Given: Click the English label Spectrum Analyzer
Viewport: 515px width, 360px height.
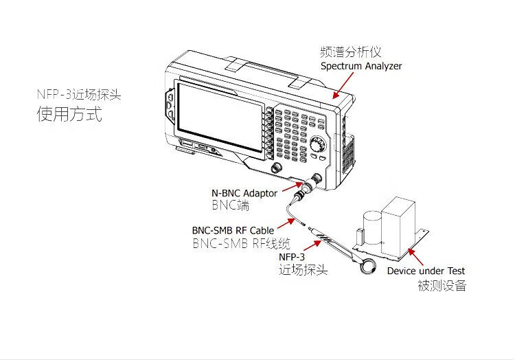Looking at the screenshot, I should click(361, 67).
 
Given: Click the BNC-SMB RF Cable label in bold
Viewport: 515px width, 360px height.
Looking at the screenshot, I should click(233, 230).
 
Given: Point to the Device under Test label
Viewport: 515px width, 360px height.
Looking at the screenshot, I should click(426, 271).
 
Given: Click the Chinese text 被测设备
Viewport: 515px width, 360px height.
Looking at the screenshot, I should click(442, 286).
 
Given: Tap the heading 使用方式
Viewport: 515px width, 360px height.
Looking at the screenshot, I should click(69, 114).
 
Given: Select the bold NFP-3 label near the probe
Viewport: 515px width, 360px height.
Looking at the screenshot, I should click(291, 256).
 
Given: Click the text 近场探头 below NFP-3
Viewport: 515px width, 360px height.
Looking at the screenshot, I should click(303, 271).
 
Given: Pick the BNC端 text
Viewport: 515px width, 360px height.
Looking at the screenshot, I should click(230, 205).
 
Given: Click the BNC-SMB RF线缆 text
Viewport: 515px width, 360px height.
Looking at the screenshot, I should click(241, 243).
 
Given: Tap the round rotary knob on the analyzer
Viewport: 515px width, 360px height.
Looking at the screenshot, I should click(317, 145).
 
